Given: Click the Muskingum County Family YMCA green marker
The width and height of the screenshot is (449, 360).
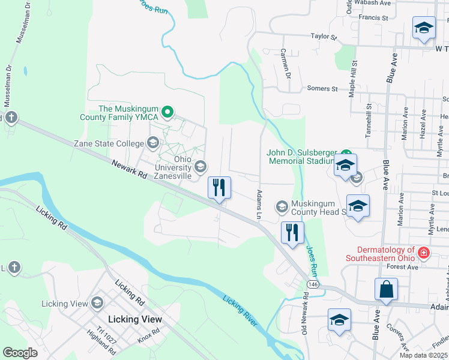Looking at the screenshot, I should coord(168,112).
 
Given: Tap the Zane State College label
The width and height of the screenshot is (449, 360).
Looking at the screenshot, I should coord(108,143).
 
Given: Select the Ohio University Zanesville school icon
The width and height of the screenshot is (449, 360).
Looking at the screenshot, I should coord(201,166).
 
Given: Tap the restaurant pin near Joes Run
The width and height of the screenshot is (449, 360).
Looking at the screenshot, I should coord(292,233).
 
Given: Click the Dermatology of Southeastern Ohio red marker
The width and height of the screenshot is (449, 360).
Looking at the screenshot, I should coord(424,252).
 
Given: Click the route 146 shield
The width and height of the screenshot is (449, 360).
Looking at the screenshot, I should coord(312,283).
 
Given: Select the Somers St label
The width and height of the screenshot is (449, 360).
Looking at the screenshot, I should coord(322,89).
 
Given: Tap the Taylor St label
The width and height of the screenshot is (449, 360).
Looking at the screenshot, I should coord(324,37).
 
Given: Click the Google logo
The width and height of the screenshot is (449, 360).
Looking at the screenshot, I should coord(20,353).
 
